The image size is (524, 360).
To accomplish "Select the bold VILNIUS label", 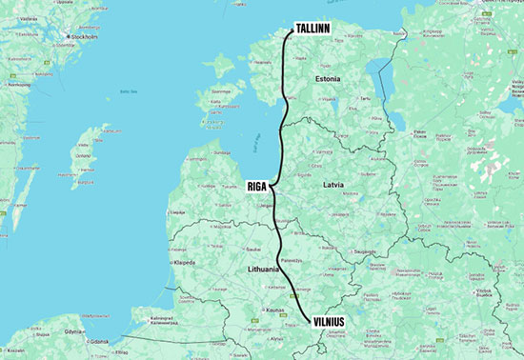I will [333, 322].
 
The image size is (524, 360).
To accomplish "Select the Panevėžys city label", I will [290, 260].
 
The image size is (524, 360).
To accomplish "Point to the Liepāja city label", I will [176, 210].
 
